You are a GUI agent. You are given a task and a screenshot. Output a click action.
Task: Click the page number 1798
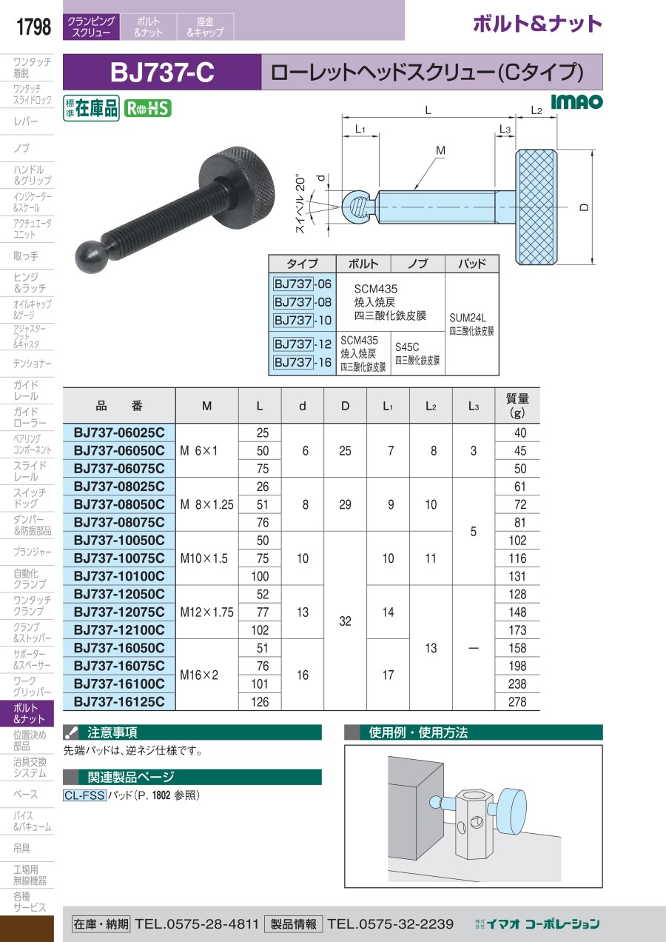(x=33, y=27)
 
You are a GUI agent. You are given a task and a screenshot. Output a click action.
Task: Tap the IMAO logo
(x=576, y=101)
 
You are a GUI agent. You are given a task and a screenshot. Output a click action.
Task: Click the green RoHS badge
(x=147, y=109)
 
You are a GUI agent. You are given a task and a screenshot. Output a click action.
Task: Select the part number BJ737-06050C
(x=119, y=450)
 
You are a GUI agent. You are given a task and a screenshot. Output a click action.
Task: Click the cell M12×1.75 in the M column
(x=206, y=612)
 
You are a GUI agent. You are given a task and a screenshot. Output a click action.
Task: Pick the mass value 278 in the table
(x=517, y=702)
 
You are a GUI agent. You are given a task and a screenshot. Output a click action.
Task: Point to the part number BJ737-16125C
(x=119, y=701)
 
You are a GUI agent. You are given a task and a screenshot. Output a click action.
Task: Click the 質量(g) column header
(x=517, y=405)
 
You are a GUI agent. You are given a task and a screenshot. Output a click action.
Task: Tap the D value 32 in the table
(x=345, y=621)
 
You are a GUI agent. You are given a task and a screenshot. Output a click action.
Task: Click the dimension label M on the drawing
(x=440, y=150)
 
